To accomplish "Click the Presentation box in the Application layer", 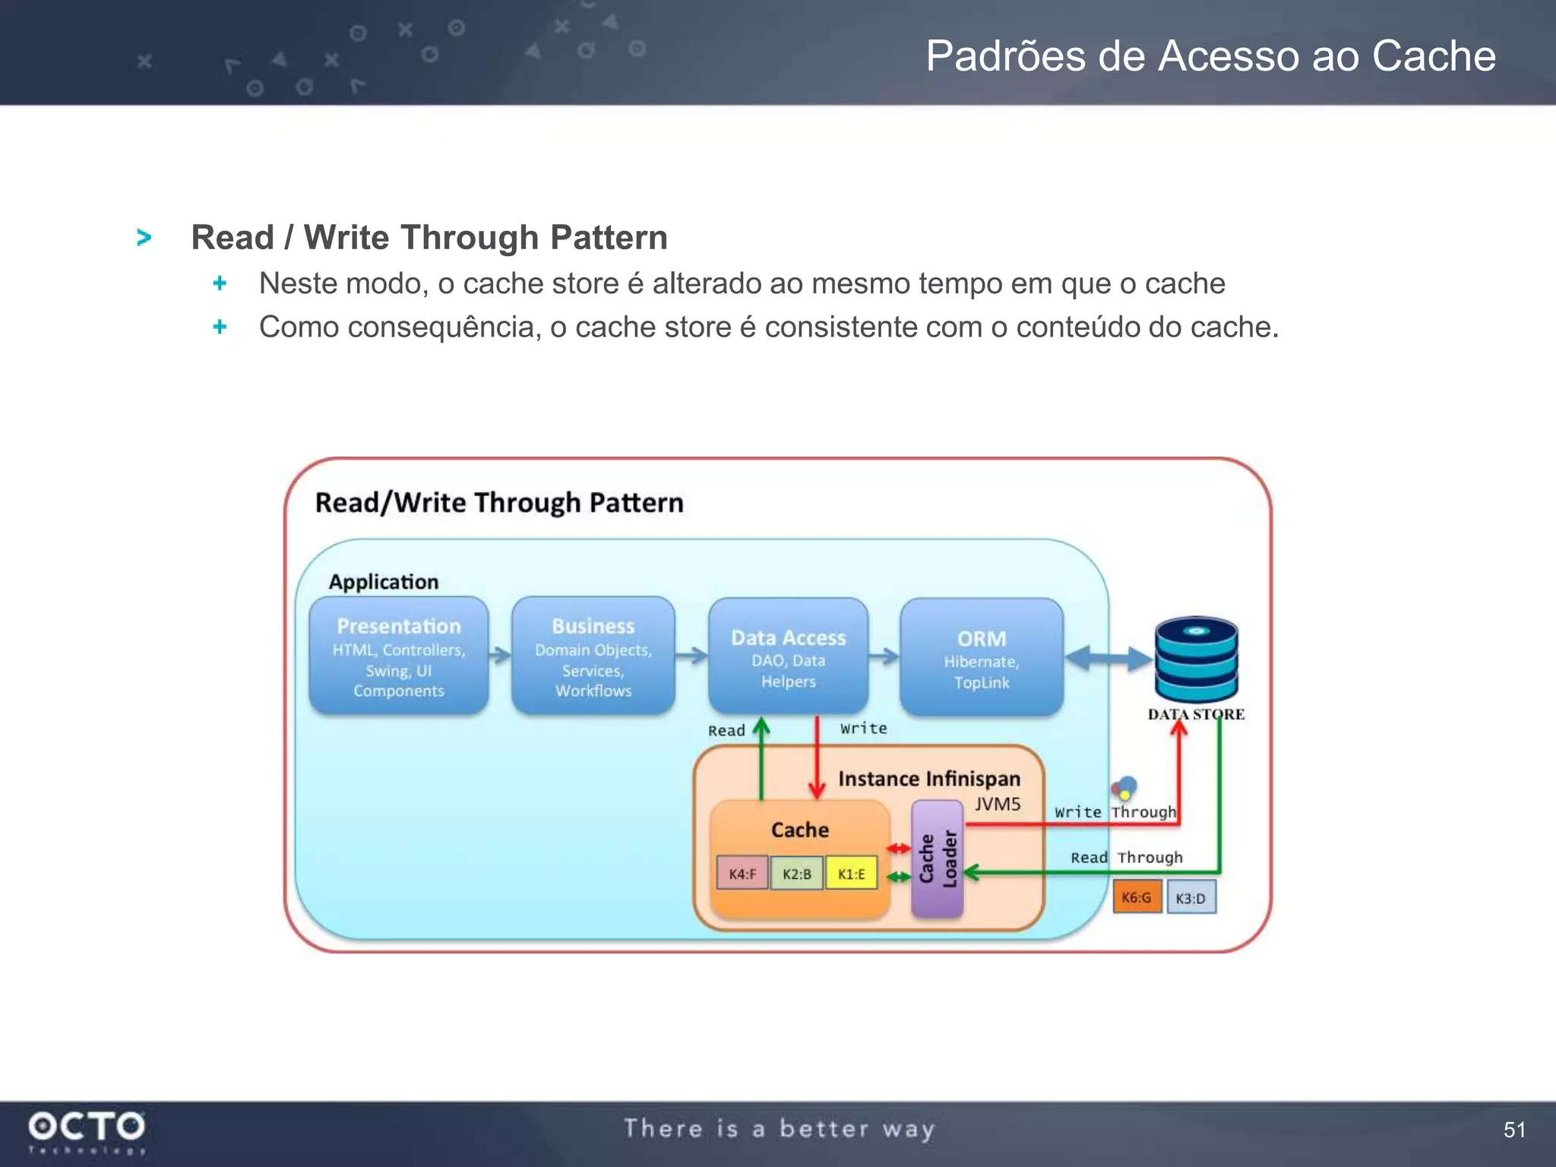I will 398,656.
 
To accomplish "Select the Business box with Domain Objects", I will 593,656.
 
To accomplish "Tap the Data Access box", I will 788,656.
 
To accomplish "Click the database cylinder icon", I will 1196,659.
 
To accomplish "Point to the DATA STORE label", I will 1196,715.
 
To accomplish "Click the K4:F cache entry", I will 742,874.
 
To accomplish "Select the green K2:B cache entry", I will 796,874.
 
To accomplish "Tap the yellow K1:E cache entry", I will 851,874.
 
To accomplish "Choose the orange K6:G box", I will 1137,897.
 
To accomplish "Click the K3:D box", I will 1191,898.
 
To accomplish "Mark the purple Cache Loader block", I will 938,859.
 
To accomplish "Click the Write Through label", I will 1115,812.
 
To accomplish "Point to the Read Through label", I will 1126,858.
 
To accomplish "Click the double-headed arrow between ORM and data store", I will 1108,659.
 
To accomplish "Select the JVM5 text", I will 997,805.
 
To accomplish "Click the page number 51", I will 1513,1130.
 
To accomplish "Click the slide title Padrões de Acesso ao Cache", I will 1210,56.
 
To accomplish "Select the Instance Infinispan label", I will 928,779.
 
